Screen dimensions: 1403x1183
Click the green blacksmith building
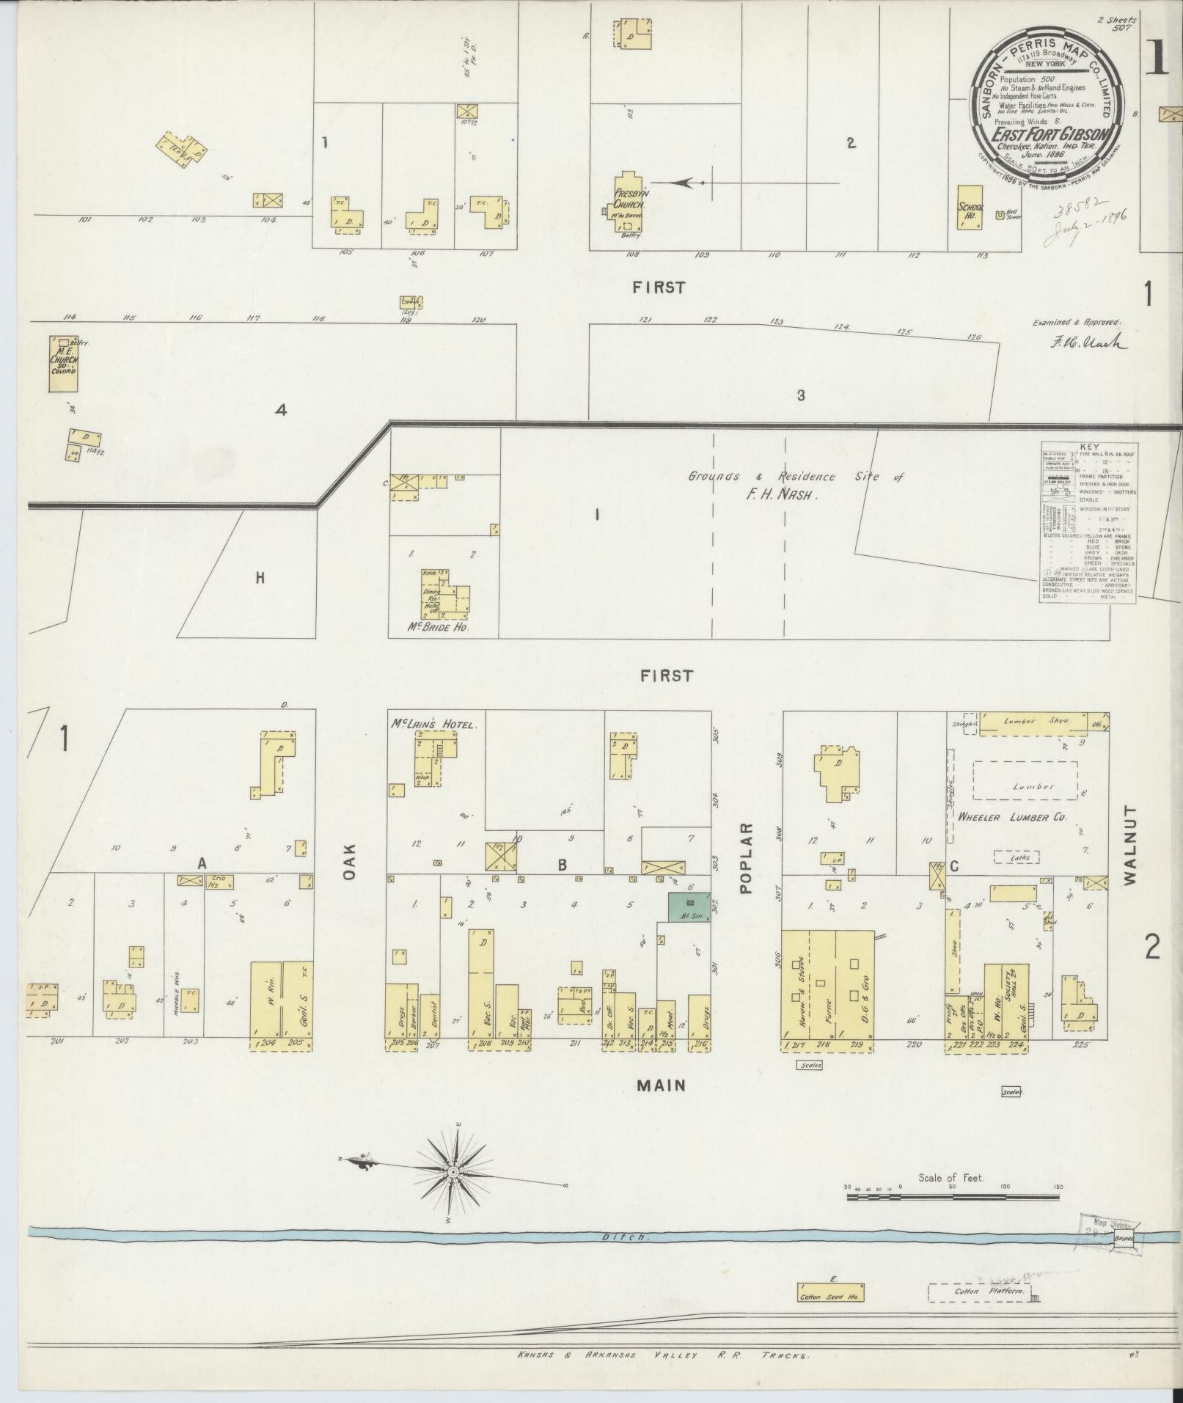[x=689, y=907]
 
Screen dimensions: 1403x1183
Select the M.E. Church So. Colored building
[x=63, y=363]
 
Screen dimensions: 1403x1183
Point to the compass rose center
[x=453, y=1173]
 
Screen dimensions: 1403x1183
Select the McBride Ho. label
[x=437, y=629]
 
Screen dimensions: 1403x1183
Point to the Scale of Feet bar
[x=953, y=1196]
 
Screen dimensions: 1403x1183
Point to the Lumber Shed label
[x=1030, y=721]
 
